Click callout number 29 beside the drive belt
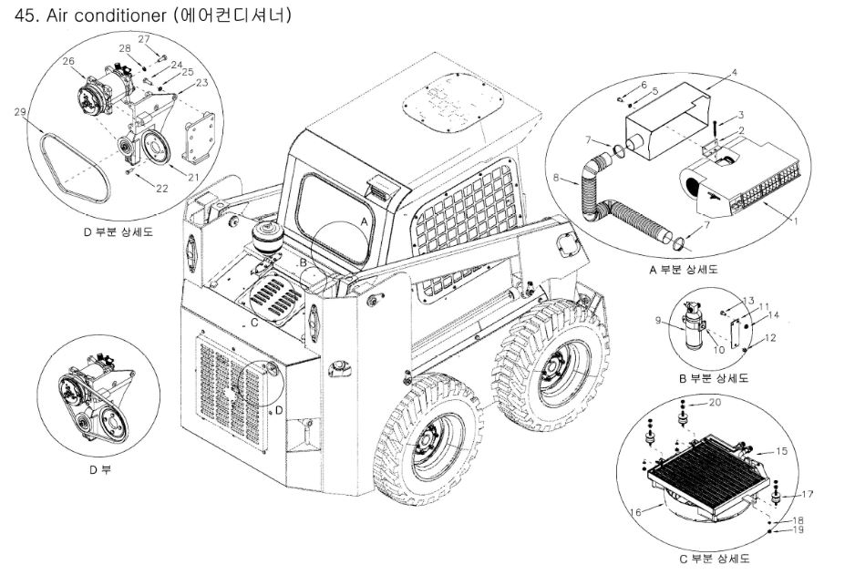point(20,112)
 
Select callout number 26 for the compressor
point(68,61)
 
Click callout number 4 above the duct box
point(734,72)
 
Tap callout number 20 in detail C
point(716,402)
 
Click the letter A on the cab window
point(364,221)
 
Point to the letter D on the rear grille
point(279,409)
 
